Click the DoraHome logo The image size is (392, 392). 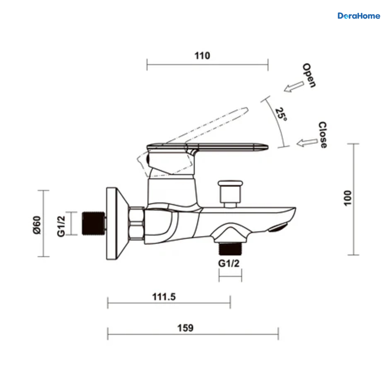(x=359, y=16)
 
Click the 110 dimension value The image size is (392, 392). (x=202, y=56)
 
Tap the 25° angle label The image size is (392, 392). (x=281, y=115)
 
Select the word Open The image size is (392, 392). (x=309, y=75)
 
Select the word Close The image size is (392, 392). (x=322, y=135)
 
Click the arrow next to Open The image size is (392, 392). (x=294, y=87)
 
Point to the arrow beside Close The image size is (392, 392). (x=307, y=142)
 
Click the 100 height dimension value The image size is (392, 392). (x=348, y=198)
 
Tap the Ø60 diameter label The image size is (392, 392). (x=37, y=225)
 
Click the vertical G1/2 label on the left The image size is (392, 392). (x=61, y=226)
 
